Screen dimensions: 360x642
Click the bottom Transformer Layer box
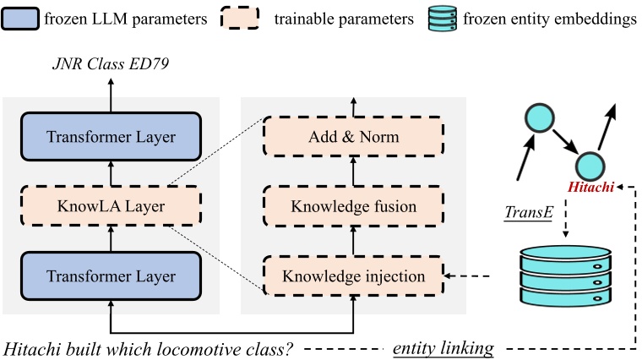111,275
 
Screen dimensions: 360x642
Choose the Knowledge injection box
354,275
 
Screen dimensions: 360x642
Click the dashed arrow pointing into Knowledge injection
469,275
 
